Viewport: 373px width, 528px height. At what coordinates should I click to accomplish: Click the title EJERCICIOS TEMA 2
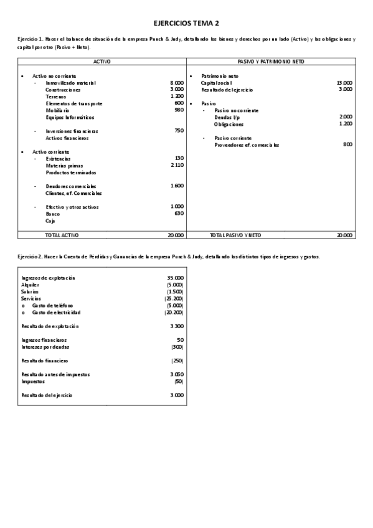(x=186, y=23)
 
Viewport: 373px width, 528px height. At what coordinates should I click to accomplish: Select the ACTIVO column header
(x=102, y=62)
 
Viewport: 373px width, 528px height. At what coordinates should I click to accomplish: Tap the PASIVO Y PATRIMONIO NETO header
(x=271, y=62)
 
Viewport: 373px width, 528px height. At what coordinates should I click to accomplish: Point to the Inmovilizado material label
(x=70, y=82)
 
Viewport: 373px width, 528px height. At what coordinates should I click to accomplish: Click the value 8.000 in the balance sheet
(x=176, y=82)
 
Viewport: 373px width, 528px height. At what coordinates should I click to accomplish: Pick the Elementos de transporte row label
(x=74, y=103)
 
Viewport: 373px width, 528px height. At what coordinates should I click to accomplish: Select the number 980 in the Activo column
(x=179, y=110)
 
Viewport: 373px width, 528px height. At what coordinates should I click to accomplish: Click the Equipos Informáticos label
(x=70, y=117)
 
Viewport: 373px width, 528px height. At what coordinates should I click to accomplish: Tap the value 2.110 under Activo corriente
(x=177, y=166)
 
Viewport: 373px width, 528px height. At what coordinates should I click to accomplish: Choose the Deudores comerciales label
(x=70, y=186)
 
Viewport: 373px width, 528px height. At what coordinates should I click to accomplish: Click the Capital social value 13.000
(x=344, y=82)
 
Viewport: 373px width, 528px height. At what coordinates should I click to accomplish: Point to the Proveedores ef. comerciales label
(x=247, y=144)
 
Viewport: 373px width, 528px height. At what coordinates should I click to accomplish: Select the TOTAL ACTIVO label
(x=62, y=235)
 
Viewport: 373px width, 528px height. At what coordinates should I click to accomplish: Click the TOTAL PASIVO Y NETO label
(x=236, y=235)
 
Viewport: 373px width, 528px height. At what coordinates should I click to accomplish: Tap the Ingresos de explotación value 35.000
(x=175, y=278)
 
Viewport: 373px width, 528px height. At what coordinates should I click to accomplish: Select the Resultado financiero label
(x=44, y=361)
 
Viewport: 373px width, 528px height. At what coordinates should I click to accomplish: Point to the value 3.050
(x=176, y=375)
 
